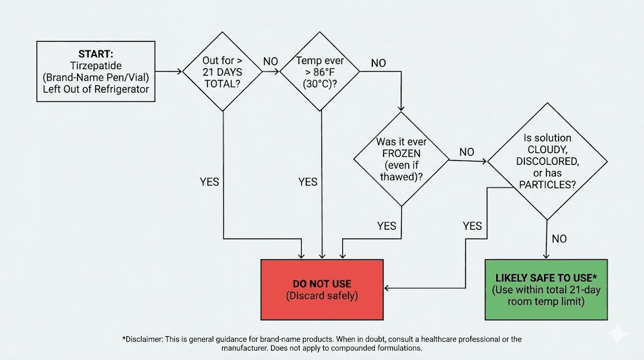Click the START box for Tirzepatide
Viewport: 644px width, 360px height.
[96, 71]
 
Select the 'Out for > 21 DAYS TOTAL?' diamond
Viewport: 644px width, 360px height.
[222, 72]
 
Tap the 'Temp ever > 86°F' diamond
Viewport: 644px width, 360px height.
[321, 72]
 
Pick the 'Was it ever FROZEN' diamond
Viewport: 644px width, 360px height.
[401, 159]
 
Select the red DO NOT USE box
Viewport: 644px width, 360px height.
[321, 289]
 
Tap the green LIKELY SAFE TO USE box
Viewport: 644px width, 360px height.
[546, 289]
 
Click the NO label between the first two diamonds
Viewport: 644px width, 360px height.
[270, 61]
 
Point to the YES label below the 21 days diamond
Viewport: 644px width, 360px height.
[209, 182]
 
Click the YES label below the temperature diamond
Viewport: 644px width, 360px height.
[308, 182]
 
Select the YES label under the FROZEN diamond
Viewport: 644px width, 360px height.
[387, 225]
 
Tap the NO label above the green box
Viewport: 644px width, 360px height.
[558, 239]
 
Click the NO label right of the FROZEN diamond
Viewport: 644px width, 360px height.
[467, 152]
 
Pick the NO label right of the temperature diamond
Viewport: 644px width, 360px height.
[379, 63]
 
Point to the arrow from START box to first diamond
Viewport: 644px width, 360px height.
[169, 72]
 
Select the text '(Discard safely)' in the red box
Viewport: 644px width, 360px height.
[321, 296]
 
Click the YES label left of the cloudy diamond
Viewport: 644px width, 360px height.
[472, 225]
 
